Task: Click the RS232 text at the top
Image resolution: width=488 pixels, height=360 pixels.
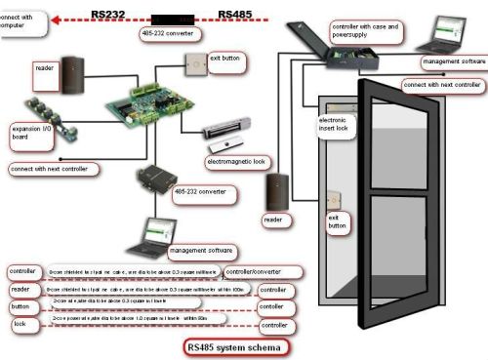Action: pos(109,13)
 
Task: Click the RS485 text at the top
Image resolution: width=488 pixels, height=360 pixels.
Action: pos(237,13)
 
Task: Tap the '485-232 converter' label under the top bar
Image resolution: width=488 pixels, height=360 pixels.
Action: pos(173,34)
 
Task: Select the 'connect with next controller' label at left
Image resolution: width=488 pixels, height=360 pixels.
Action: pos(55,169)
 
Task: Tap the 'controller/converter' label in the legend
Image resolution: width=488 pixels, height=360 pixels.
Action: pos(258,271)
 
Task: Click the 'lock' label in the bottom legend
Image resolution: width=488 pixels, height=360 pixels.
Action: pos(19,323)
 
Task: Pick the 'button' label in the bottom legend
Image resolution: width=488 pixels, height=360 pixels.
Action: pos(21,305)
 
